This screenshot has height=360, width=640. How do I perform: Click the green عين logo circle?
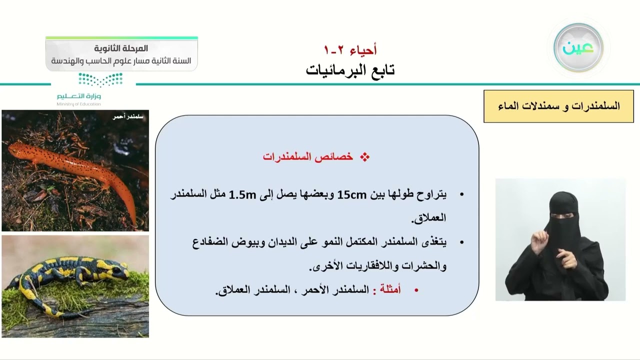[x=578, y=48]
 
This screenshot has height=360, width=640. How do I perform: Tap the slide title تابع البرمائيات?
[x=350, y=70]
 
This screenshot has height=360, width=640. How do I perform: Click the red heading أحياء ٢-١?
[x=350, y=50]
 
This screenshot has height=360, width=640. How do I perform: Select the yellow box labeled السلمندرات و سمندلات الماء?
[x=558, y=106]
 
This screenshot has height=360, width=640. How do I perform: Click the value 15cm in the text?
[x=352, y=194]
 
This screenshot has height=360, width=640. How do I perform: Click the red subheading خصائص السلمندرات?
[x=308, y=157]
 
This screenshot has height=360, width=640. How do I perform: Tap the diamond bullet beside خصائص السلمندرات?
[x=365, y=157]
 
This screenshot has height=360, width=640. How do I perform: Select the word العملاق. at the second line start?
[x=428, y=218]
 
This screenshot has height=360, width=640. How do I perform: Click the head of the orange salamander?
[x=15, y=148]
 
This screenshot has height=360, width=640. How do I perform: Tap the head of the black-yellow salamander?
[x=119, y=270]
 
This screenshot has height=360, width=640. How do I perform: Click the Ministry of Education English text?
[x=78, y=104]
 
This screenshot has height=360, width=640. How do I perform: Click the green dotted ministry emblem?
[x=100, y=79]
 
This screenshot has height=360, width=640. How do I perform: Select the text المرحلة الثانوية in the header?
[x=121, y=48]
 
